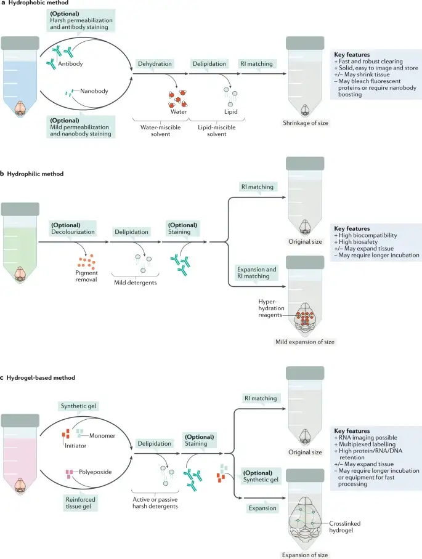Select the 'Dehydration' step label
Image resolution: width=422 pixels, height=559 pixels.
point(156,63)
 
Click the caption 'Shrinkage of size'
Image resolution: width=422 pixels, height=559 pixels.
point(306,123)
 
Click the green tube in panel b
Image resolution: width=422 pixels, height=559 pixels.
point(20,246)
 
